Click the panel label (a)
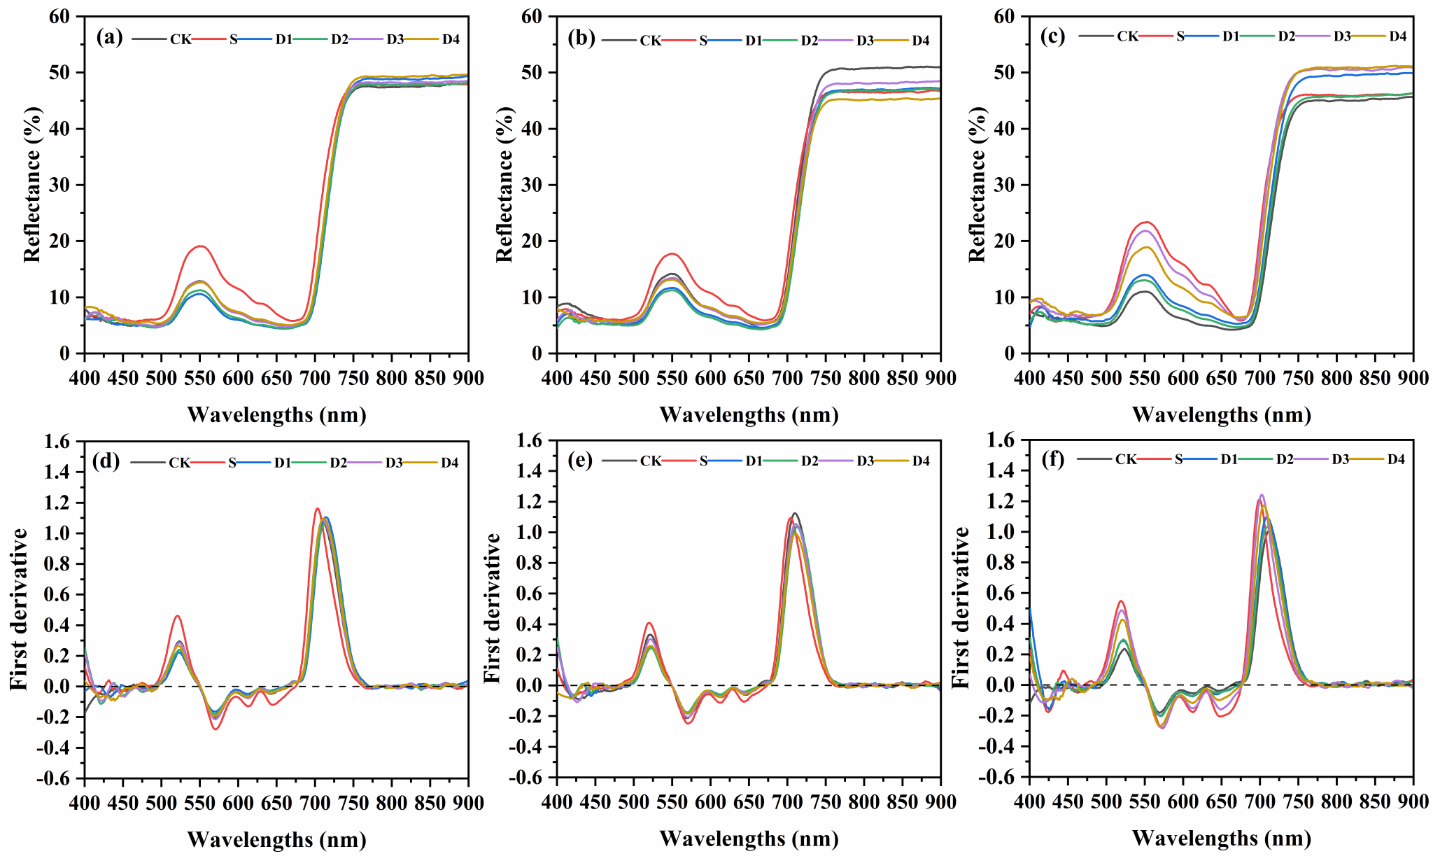point(109,37)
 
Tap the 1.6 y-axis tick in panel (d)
point(57,442)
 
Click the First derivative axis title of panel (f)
point(961,608)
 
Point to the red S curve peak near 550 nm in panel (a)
point(201,246)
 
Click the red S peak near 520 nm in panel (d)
point(178,616)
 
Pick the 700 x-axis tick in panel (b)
point(787,379)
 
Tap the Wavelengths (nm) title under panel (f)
point(1221,838)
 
